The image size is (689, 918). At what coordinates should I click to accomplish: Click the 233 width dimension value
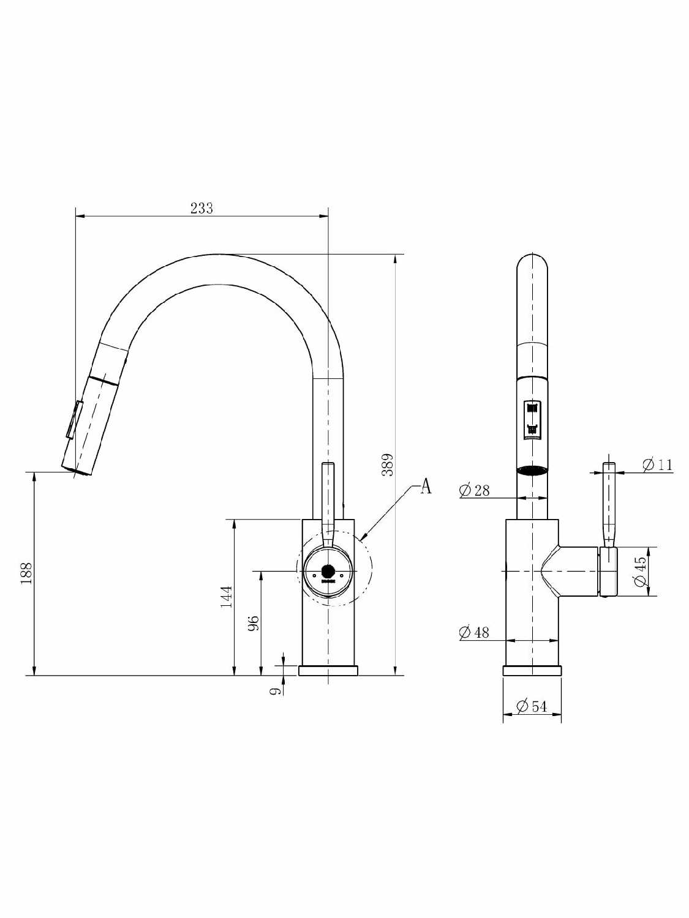click(201, 208)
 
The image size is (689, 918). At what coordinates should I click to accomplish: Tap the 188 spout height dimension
click(26, 573)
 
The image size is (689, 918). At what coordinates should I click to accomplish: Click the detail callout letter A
click(426, 487)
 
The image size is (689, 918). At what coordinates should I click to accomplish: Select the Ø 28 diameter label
click(474, 490)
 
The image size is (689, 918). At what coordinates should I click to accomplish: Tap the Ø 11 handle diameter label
click(657, 465)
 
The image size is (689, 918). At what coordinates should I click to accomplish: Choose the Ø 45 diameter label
click(640, 571)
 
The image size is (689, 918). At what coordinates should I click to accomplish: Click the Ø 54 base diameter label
click(532, 706)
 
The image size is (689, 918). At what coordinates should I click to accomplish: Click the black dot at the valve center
click(328, 571)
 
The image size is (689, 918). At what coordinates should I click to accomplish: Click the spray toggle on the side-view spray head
click(74, 419)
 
